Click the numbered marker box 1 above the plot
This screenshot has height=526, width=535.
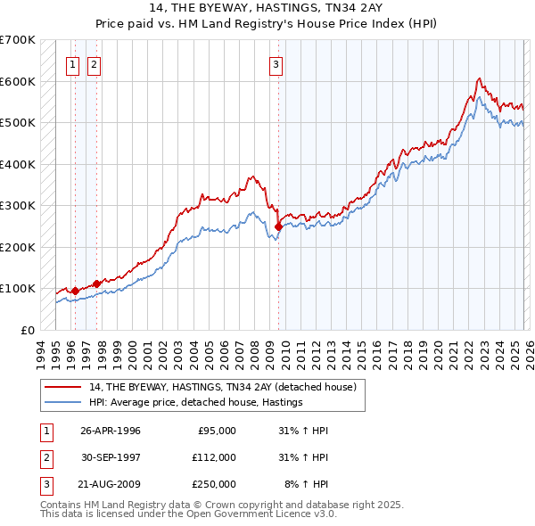72,63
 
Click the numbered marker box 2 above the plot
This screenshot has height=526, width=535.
95,63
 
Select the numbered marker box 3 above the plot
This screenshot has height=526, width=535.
276,63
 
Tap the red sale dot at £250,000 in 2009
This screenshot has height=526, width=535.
279,226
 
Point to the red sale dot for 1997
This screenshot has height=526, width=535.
96,284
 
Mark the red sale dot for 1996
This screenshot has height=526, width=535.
75,291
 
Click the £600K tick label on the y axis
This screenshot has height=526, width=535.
18,81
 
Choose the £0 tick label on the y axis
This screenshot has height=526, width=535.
28,330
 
